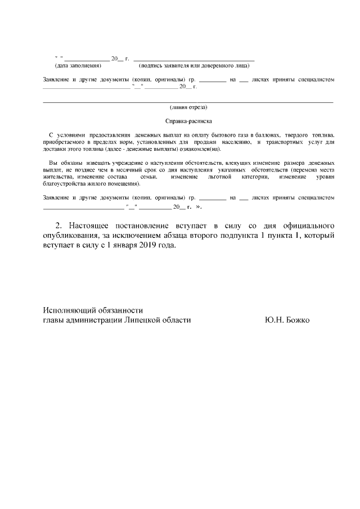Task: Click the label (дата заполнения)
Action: coord(78,65)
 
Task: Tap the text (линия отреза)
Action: coord(188,107)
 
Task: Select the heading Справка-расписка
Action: coord(188,121)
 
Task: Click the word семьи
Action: coord(148,176)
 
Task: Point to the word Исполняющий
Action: coord(71,310)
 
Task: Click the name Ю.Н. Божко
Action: coord(287,320)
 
